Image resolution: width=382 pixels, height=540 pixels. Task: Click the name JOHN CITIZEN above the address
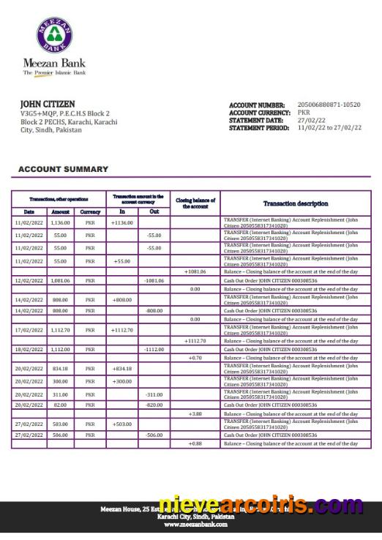click(47, 104)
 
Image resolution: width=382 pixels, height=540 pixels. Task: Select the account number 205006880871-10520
click(329, 105)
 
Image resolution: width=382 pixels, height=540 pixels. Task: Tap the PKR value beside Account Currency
click(304, 113)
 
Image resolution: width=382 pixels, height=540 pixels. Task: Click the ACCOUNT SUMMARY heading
click(63, 169)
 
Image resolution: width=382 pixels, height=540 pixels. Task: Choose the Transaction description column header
click(296, 203)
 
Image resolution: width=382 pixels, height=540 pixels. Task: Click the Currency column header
click(90, 211)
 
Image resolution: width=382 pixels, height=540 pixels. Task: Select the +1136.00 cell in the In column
click(121, 222)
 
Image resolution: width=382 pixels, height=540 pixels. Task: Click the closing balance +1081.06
click(195, 271)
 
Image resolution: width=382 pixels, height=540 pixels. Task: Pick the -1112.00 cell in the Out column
click(153, 349)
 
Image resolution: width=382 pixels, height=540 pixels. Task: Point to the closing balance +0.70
click(195, 358)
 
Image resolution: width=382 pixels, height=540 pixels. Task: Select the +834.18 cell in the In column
click(121, 368)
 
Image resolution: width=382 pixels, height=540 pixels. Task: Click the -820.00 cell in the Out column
click(153, 405)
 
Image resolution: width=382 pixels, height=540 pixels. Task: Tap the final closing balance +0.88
click(195, 443)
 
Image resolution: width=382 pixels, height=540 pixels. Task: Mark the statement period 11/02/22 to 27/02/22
click(329, 127)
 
